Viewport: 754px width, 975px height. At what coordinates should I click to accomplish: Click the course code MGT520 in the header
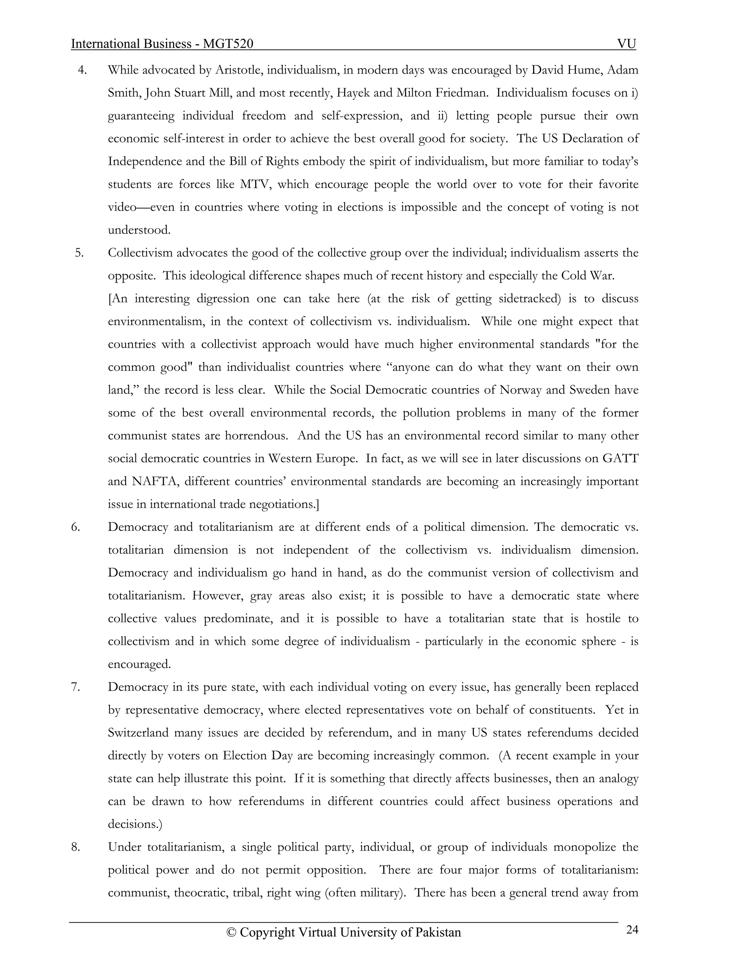[228, 44]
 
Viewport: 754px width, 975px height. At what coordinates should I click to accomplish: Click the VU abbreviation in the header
[626, 44]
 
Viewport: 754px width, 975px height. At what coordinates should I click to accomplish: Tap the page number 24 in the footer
[632, 929]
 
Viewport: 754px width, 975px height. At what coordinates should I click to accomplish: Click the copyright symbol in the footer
[231, 933]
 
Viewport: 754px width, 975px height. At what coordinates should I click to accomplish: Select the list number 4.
[82, 70]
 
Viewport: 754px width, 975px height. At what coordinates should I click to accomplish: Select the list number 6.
[75, 527]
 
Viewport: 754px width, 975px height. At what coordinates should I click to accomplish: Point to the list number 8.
[75, 847]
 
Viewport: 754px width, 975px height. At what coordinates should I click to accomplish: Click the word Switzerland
[138, 733]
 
